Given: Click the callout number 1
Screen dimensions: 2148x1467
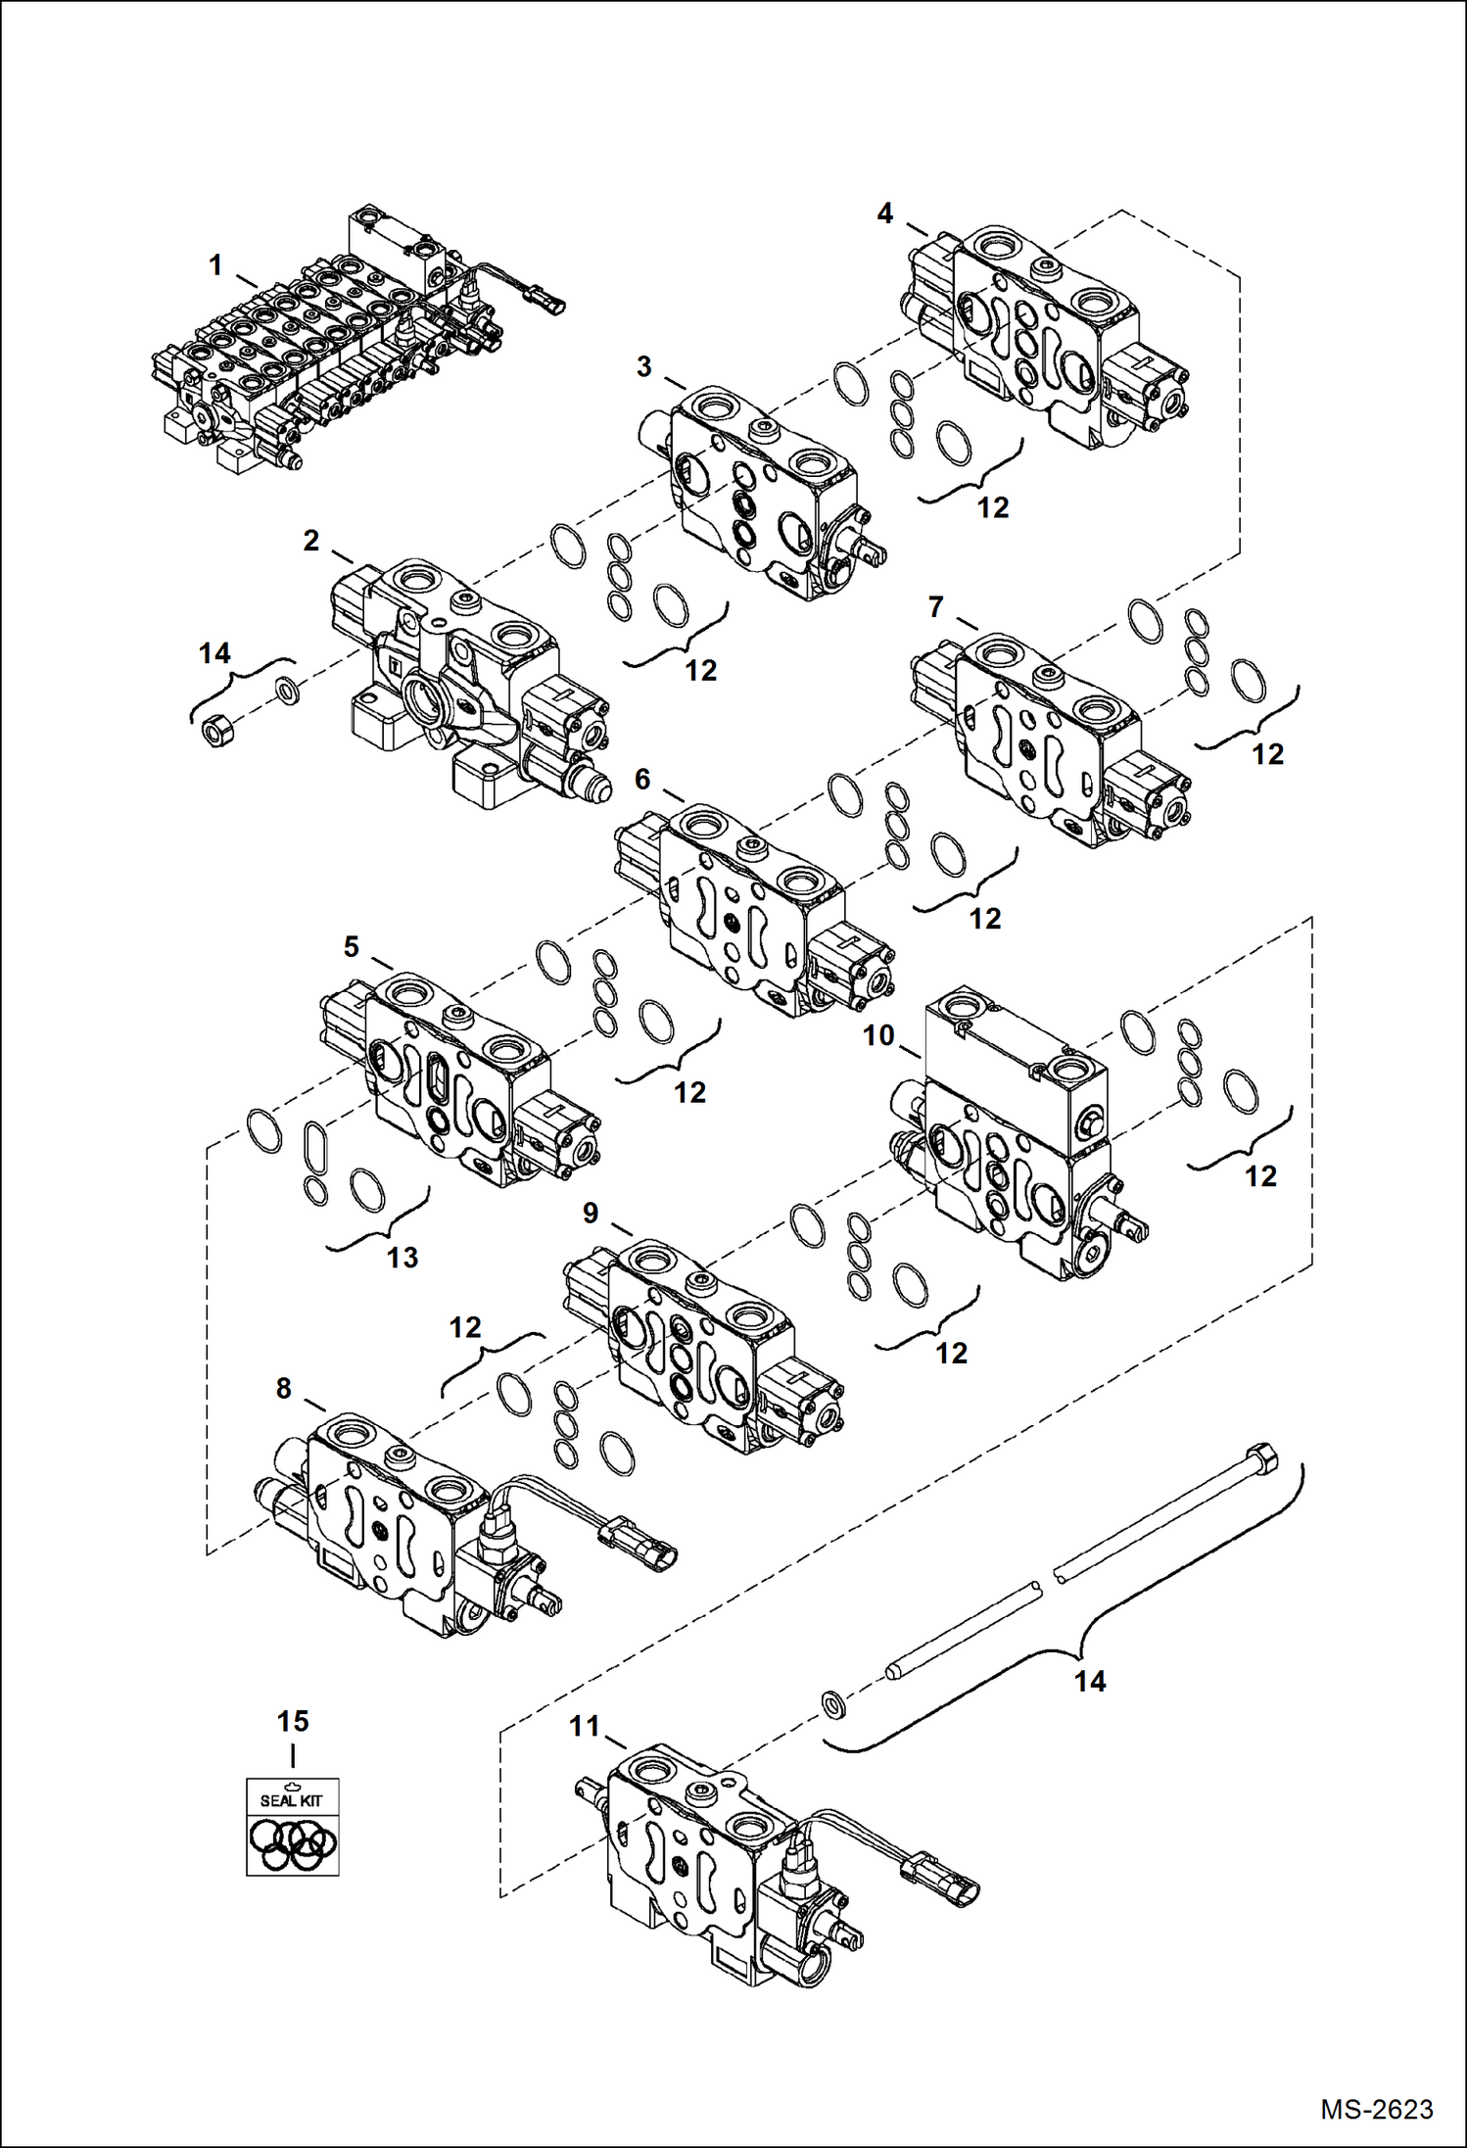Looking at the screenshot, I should [x=215, y=265].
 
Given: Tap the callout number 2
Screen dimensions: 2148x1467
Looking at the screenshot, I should [x=311, y=541].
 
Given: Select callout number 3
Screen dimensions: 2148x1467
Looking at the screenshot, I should [x=643, y=367].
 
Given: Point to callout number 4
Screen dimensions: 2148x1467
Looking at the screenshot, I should [x=884, y=214].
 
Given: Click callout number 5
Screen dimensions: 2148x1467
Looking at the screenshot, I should [x=351, y=947].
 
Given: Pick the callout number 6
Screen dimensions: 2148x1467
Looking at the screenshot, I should [x=642, y=780].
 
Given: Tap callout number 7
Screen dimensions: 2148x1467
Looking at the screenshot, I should [x=935, y=608].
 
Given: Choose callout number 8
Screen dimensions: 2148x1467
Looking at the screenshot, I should [x=283, y=1389].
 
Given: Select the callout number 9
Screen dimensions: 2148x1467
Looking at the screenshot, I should [x=591, y=1214].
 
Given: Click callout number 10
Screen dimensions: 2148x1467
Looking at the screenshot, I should [x=878, y=1035].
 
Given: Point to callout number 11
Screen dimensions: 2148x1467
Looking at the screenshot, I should [x=585, y=1727].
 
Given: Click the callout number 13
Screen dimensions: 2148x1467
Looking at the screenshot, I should [x=402, y=1258].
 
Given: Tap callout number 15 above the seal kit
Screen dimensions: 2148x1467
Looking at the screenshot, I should [x=292, y=1721].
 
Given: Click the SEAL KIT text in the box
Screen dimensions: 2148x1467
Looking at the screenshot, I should [x=291, y=1800].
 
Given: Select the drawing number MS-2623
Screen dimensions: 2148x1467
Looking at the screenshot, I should [x=1376, y=2110].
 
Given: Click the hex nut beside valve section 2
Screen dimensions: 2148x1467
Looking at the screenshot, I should [x=216, y=730].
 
